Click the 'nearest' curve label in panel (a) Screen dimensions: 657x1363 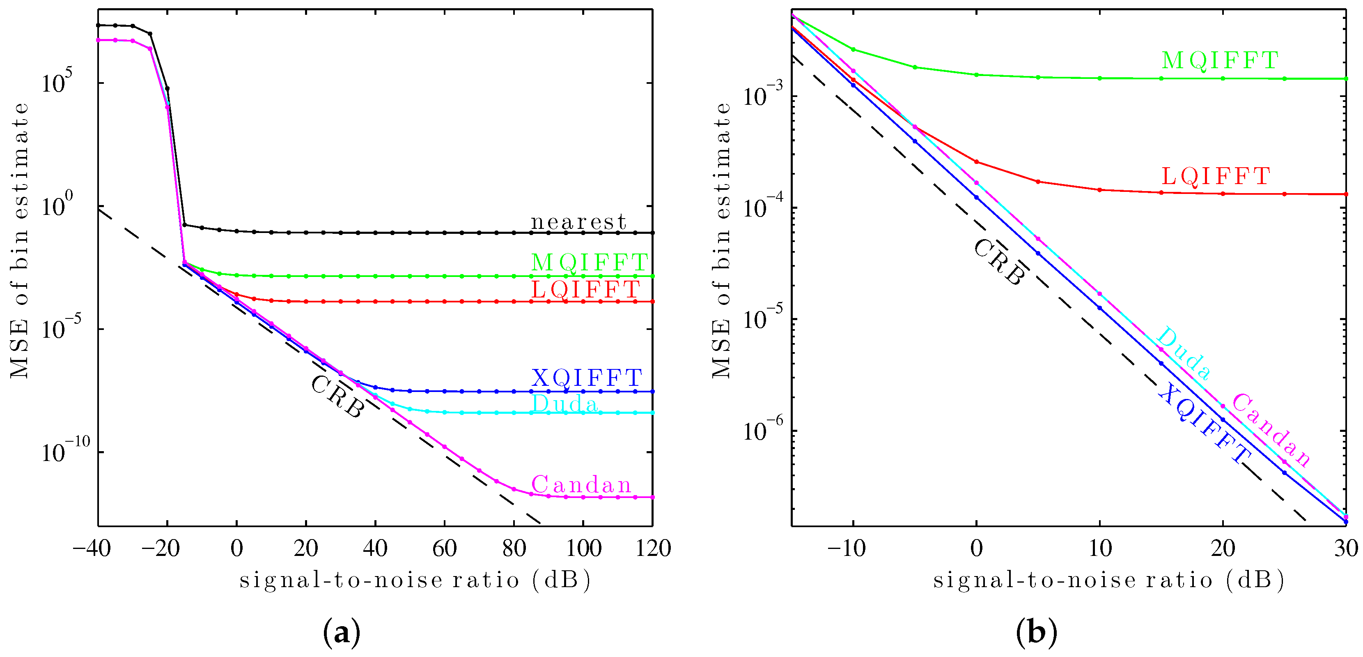click(x=578, y=222)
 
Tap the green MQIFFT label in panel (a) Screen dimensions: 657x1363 click(x=590, y=262)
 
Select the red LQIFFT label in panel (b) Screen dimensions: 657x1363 click(x=1215, y=176)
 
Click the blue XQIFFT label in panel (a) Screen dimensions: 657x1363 click(x=587, y=378)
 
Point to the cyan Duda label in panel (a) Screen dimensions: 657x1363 click(x=564, y=404)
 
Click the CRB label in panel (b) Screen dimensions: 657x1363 click(x=998, y=263)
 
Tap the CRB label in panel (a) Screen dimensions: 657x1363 click(x=337, y=397)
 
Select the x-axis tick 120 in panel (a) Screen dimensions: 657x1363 click(x=653, y=548)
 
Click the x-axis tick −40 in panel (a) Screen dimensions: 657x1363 click(x=92, y=548)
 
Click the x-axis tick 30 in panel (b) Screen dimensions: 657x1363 click(x=1345, y=548)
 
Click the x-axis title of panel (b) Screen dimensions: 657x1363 click(x=1108, y=580)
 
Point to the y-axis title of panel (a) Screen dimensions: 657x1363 click(x=20, y=241)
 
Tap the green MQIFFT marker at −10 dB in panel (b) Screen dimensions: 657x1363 click(x=853, y=49)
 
